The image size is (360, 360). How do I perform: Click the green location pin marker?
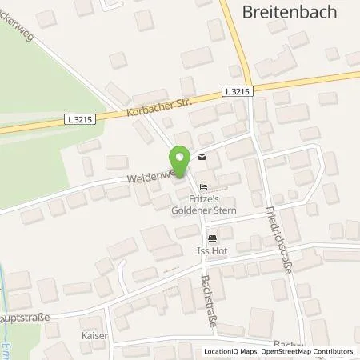tap(180, 160)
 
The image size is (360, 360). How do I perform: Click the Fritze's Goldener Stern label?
tap(205, 204)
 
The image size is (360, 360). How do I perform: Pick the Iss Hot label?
tap(211, 250)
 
